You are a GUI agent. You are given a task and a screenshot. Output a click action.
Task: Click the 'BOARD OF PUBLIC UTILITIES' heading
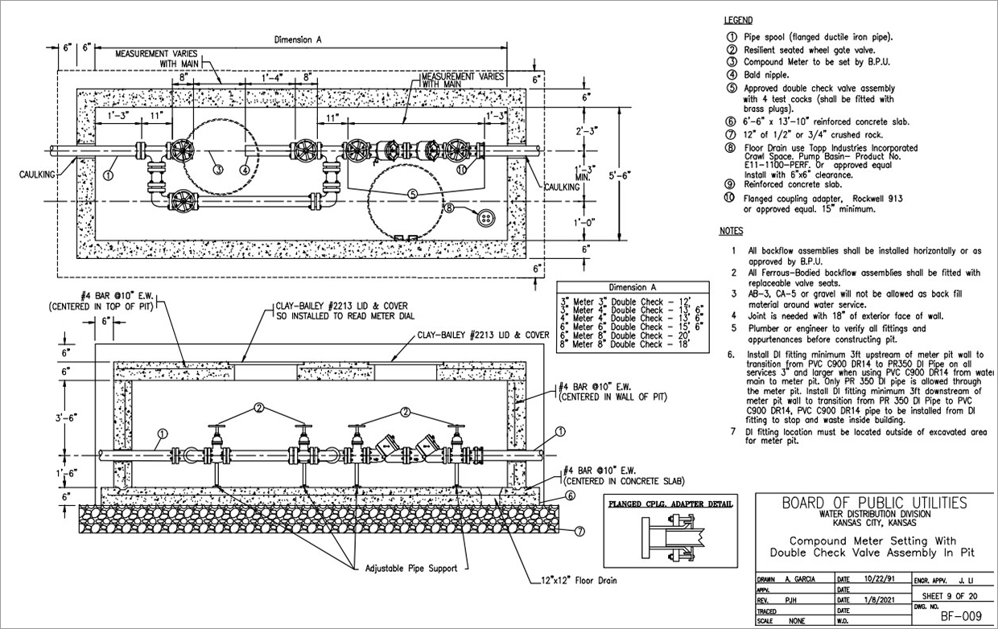(x=874, y=504)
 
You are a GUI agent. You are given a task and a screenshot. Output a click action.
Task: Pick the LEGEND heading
(x=738, y=20)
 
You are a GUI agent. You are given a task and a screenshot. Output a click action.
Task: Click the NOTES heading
(x=730, y=232)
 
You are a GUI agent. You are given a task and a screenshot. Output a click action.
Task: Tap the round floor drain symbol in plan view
(x=485, y=218)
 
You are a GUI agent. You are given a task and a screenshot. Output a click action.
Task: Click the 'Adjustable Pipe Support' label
(x=411, y=568)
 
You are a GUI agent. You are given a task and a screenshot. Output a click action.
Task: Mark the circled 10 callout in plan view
(x=461, y=170)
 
